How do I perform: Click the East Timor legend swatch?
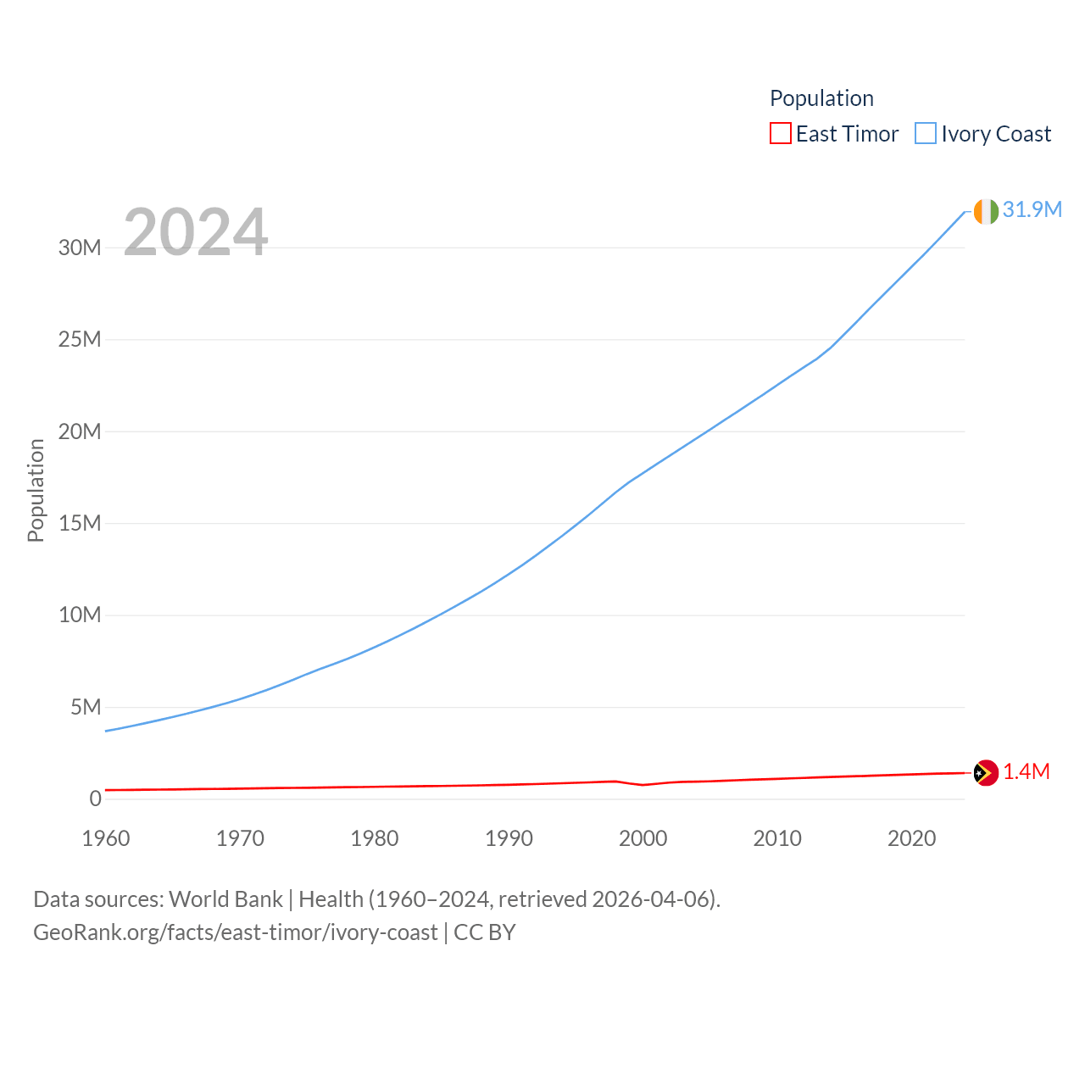click(780, 134)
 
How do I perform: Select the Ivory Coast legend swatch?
click(926, 134)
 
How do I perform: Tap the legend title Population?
click(821, 98)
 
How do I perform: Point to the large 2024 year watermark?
click(196, 232)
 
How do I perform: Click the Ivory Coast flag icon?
click(986, 211)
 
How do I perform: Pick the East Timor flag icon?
click(986, 772)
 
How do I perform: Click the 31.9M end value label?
click(1032, 209)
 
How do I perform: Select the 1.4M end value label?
click(1026, 771)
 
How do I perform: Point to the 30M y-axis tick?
click(80, 248)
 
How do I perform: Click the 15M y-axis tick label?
click(80, 523)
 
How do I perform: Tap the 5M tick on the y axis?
click(86, 707)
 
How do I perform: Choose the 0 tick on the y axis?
click(95, 798)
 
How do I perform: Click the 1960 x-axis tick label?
click(106, 838)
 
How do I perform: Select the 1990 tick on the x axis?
click(509, 838)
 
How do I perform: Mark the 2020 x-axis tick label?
click(911, 838)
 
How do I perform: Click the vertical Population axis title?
click(36, 490)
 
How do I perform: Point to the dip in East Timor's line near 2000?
click(643, 785)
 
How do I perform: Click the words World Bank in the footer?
click(225, 899)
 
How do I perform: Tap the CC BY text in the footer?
click(485, 932)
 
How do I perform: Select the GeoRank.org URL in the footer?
click(236, 932)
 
